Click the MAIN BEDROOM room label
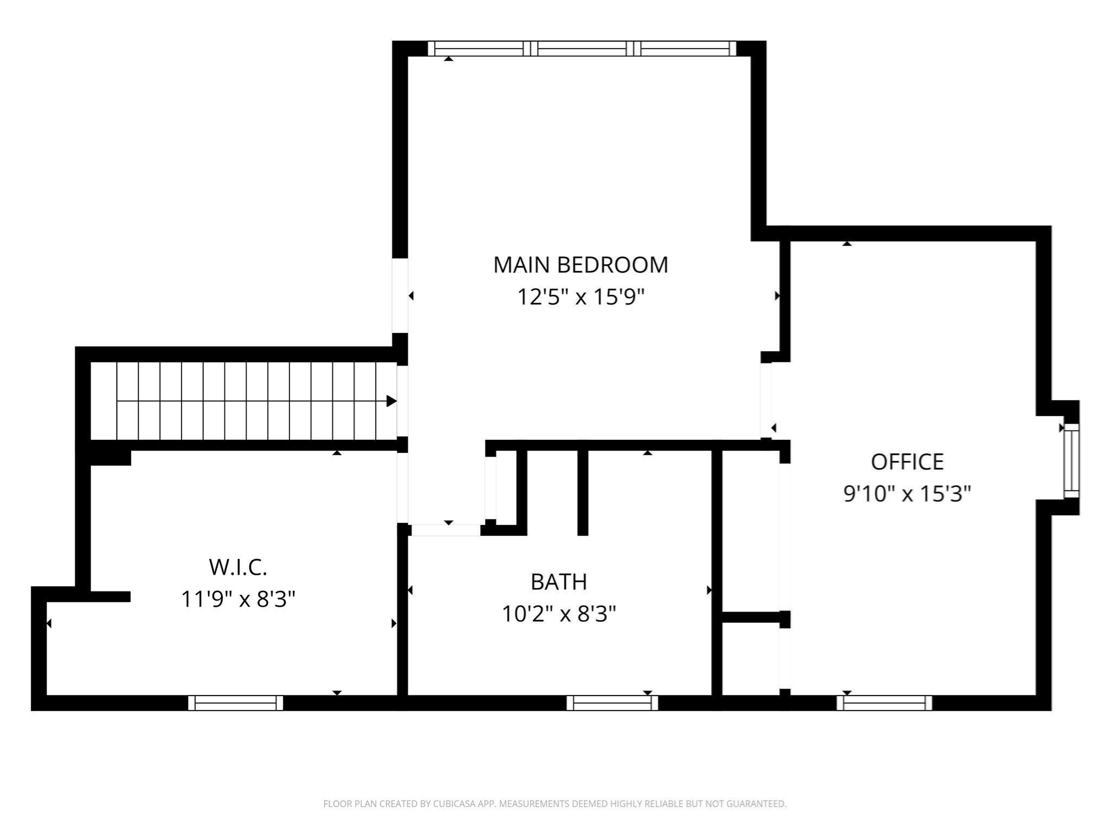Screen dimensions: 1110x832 pyautogui.click(x=580, y=265)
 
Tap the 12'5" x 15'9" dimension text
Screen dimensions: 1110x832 pyautogui.click(x=580, y=297)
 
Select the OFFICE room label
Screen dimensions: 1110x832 pyautogui.click(x=907, y=462)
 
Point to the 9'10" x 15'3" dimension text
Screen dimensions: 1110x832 pyautogui.click(x=907, y=493)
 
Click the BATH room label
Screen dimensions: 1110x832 pyautogui.click(x=559, y=582)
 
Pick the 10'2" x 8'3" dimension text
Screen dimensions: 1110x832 pyautogui.click(x=559, y=614)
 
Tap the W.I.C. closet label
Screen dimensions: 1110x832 pyautogui.click(x=238, y=567)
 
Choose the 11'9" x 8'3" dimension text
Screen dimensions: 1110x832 pyautogui.click(x=238, y=599)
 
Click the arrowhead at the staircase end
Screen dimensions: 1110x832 pyautogui.click(x=391, y=401)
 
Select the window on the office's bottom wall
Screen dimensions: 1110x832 pyautogui.click(x=884, y=703)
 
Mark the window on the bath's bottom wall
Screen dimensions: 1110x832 pyautogui.click(x=612, y=703)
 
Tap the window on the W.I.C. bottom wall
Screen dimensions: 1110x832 pyautogui.click(x=236, y=703)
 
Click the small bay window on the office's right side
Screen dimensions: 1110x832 pyautogui.click(x=1072, y=461)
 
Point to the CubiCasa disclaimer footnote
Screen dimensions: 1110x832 pyautogui.click(x=555, y=804)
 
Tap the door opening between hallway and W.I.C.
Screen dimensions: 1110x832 pyautogui.click(x=402, y=487)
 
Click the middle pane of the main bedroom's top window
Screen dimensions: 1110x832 pyautogui.click(x=582, y=49)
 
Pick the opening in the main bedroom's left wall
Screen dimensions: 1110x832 pyautogui.click(x=400, y=296)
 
